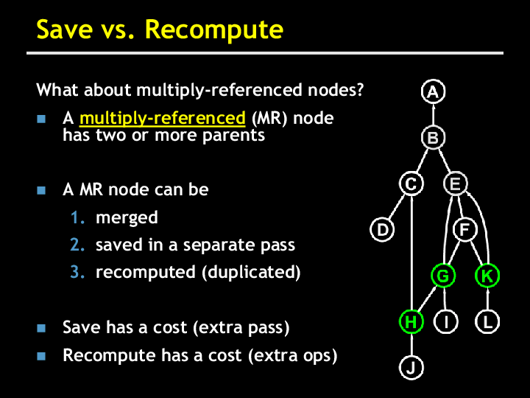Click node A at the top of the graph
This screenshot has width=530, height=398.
click(x=433, y=91)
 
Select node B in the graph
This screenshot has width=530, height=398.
click(x=433, y=137)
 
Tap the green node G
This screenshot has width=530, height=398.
click(x=443, y=276)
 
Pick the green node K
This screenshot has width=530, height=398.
click(x=487, y=276)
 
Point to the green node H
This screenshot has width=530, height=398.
click(x=411, y=321)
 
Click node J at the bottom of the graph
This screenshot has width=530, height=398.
click(x=411, y=368)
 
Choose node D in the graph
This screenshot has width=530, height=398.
click(x=382, y=229)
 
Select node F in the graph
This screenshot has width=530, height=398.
click(x=465, y=229)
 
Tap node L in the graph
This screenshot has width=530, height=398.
click(x=487, y=321)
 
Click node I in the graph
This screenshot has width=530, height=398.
click(x=446, y=321)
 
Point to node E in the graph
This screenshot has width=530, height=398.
click(x=456, y=184)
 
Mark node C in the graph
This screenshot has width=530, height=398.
click(x=411, y=184)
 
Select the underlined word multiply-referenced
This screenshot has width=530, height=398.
click(x=163, y=118)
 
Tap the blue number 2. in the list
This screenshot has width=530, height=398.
click(x=77, y=245)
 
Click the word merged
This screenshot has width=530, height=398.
click(x=127, y=218)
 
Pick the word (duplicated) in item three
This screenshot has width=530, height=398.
click(x=251, y=272)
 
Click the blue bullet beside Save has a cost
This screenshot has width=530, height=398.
click(x=41, y=328)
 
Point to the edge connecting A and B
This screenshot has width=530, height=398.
click(x=434, y=114)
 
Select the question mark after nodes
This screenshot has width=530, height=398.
click(x=360, y=89)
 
